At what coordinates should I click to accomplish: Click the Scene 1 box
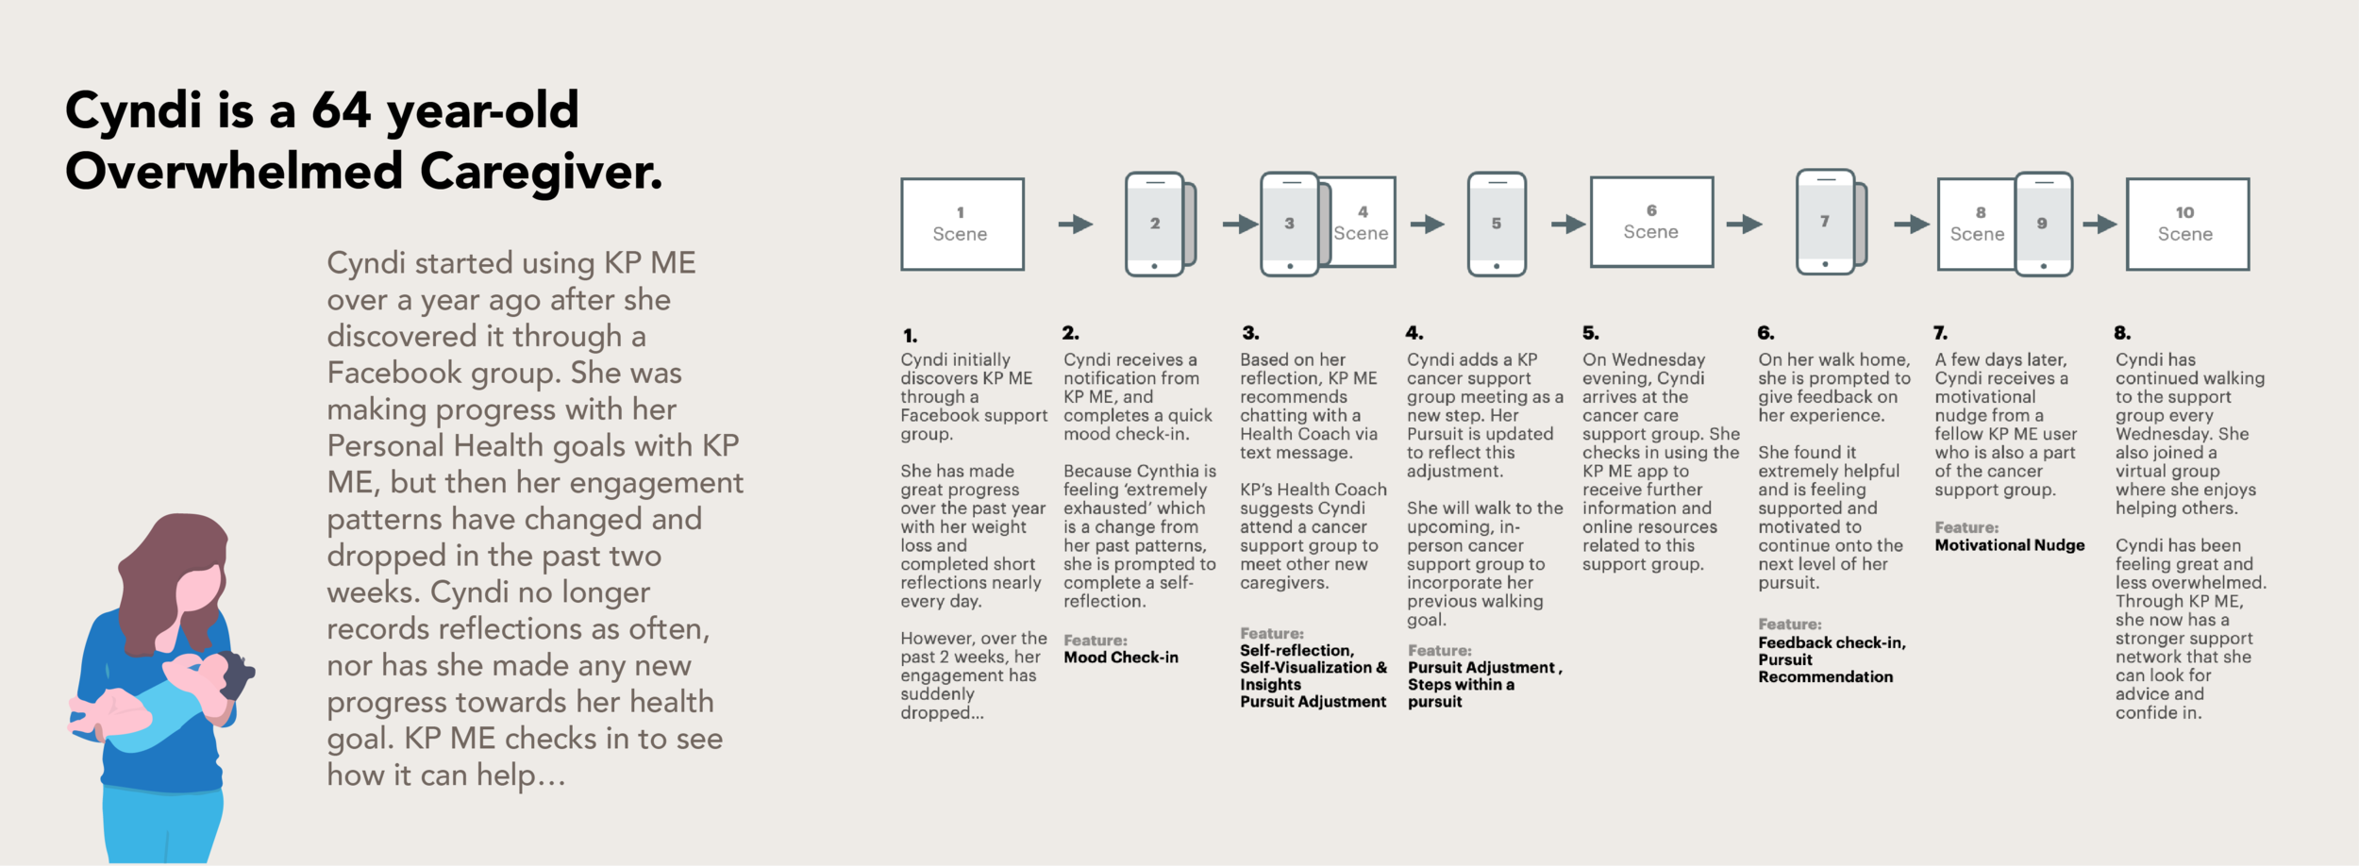click(962, 224)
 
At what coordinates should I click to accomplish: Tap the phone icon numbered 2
click(1155, 224)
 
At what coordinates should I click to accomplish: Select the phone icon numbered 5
click(1497, 224)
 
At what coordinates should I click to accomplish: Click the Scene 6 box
click(1651, 222)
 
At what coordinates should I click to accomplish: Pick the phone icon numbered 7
click(1826, 222)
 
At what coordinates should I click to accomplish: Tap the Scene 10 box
click(2187, 224)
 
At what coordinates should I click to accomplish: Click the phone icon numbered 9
click(2044, 224)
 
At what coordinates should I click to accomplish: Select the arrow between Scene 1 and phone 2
click(1076, 224)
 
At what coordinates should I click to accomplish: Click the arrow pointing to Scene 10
click(2100, 224)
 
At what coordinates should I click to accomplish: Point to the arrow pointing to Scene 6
click(1568, 224)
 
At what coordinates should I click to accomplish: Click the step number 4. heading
click(1414, 333)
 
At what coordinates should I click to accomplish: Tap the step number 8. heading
click(2123, 333)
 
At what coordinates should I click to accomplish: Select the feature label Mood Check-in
click(1121, 658)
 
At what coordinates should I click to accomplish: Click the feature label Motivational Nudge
click(2010, 545)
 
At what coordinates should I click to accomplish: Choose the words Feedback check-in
click(1832, 642)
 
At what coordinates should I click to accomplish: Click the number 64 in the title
click(342, 110)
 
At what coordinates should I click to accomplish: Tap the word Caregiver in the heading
click(541, 172)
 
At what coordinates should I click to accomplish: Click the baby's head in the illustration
click(232, 672)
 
